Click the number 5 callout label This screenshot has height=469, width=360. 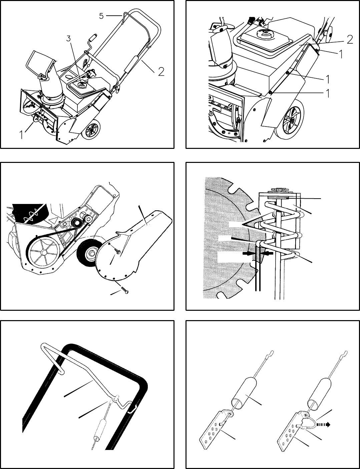pos(101,16)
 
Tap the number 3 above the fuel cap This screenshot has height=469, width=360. pos(68,39)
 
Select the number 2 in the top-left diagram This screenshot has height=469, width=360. pos(161,72)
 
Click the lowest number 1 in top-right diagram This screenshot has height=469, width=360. pos(328,94)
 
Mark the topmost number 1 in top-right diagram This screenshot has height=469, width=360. pos(341,54)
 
